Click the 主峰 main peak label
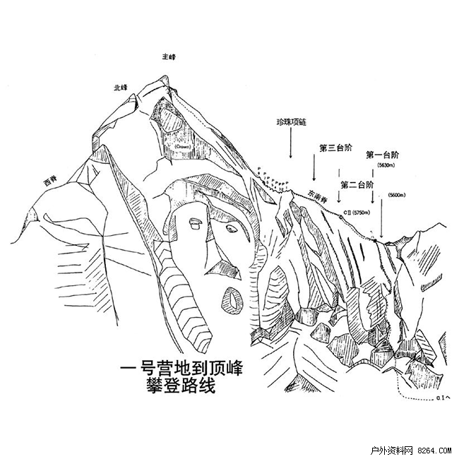pos(167,56)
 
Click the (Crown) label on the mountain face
pos(184,147)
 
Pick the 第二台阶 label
pos(357,185)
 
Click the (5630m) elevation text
pos(386,165)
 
